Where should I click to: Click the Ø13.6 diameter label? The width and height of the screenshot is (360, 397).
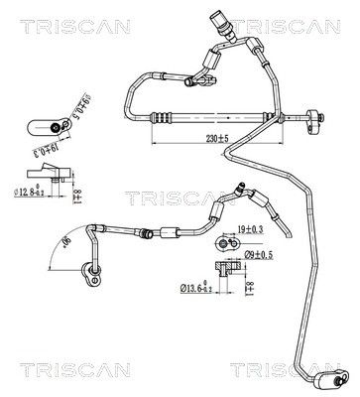click(x=198, y=289)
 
